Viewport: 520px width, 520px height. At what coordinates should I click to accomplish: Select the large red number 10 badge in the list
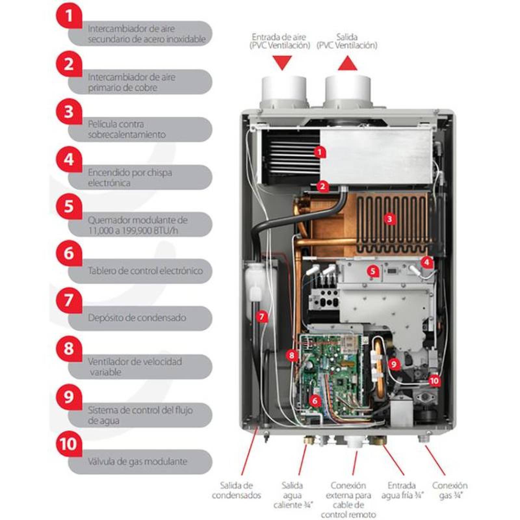69,444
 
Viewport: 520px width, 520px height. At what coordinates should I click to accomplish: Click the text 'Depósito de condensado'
137,318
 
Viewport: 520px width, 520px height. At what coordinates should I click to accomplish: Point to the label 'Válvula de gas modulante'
137,461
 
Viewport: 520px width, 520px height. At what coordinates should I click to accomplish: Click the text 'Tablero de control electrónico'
145,270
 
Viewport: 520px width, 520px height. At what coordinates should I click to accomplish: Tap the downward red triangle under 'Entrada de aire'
282,62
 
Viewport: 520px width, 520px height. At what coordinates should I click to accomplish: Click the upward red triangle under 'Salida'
347,63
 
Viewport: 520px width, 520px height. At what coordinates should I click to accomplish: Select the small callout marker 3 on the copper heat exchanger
389,219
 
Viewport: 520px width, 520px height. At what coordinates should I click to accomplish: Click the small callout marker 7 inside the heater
262,316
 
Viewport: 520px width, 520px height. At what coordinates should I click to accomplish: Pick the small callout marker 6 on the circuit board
314,401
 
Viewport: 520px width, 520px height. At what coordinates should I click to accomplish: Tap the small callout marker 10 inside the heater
434,380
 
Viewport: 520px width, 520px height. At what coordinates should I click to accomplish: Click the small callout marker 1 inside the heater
320,152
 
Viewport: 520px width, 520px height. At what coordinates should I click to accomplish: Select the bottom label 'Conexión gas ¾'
450,490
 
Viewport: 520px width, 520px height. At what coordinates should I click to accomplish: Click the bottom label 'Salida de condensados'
236,490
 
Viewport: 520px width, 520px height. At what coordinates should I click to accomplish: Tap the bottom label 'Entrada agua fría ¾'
402,490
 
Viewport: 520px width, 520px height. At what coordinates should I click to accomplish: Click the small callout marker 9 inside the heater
394,364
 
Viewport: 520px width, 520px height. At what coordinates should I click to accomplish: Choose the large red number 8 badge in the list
69,349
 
